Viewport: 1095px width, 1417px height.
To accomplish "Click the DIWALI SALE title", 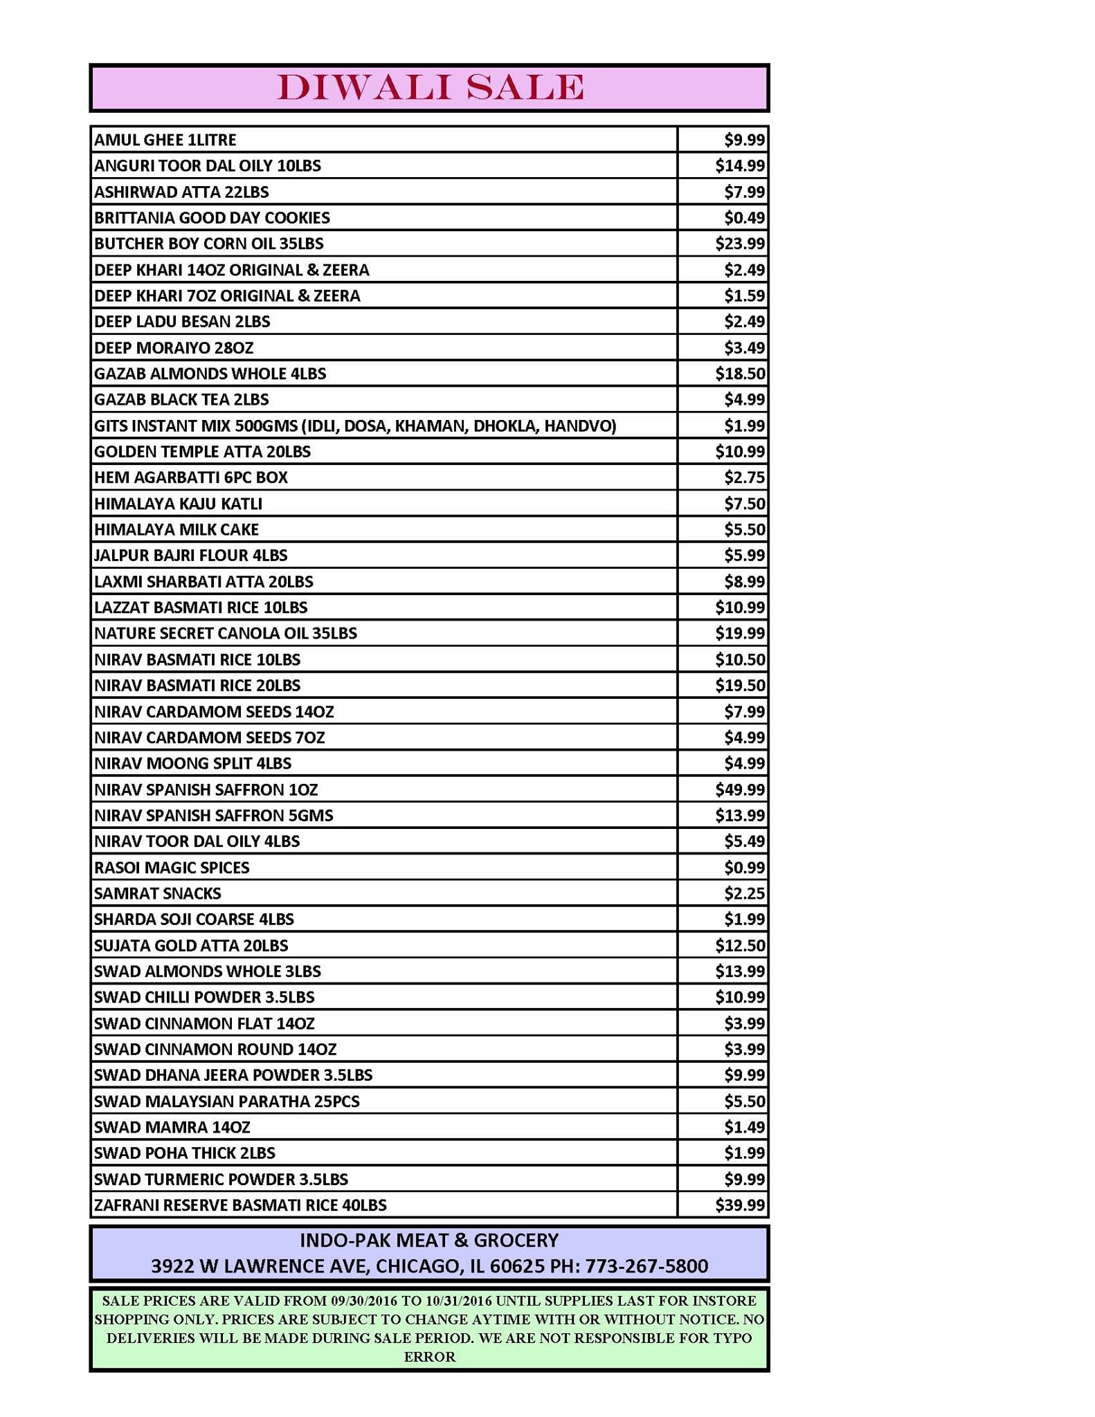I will (x=430, y=88).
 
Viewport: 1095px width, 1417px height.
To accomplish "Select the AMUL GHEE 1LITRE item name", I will (x=165, y=140).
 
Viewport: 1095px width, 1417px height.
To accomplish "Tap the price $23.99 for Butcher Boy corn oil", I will (x=739, y=244).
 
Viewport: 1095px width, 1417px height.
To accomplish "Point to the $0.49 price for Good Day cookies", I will (x=744, y=218).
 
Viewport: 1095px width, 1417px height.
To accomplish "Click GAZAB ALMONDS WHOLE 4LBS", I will (x=210, y=374).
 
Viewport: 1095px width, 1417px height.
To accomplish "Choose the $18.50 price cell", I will (x=739, y=374).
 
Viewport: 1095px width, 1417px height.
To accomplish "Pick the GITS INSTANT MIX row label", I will (x=354, y=426).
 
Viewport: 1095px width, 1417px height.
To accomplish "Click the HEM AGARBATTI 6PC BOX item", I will (x=190, y=477).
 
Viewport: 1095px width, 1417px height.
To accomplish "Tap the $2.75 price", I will (x=744, y=477).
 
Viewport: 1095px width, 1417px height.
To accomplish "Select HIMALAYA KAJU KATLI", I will (x=178, y=504).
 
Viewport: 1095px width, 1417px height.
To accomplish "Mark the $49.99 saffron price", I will (x=739, y=789).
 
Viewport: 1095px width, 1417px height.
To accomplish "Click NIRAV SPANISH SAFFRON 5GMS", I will (x=213, y=816).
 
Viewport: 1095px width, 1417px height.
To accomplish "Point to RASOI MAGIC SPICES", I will (x=172, y=868).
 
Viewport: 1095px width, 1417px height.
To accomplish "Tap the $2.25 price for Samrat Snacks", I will (x=744, y=894).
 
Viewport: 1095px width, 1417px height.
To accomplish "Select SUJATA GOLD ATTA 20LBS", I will (x=190, y=946).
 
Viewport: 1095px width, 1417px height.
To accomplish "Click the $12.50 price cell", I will (x=739, y=946).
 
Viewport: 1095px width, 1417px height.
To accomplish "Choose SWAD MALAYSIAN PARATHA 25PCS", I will (x=226, y=1101).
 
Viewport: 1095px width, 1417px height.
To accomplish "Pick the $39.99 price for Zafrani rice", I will (x=739, y=1205).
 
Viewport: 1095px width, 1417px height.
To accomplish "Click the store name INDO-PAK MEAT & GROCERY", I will (x=429, y=1240).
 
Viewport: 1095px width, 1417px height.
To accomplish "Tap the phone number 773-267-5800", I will (x=646, y=1266).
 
